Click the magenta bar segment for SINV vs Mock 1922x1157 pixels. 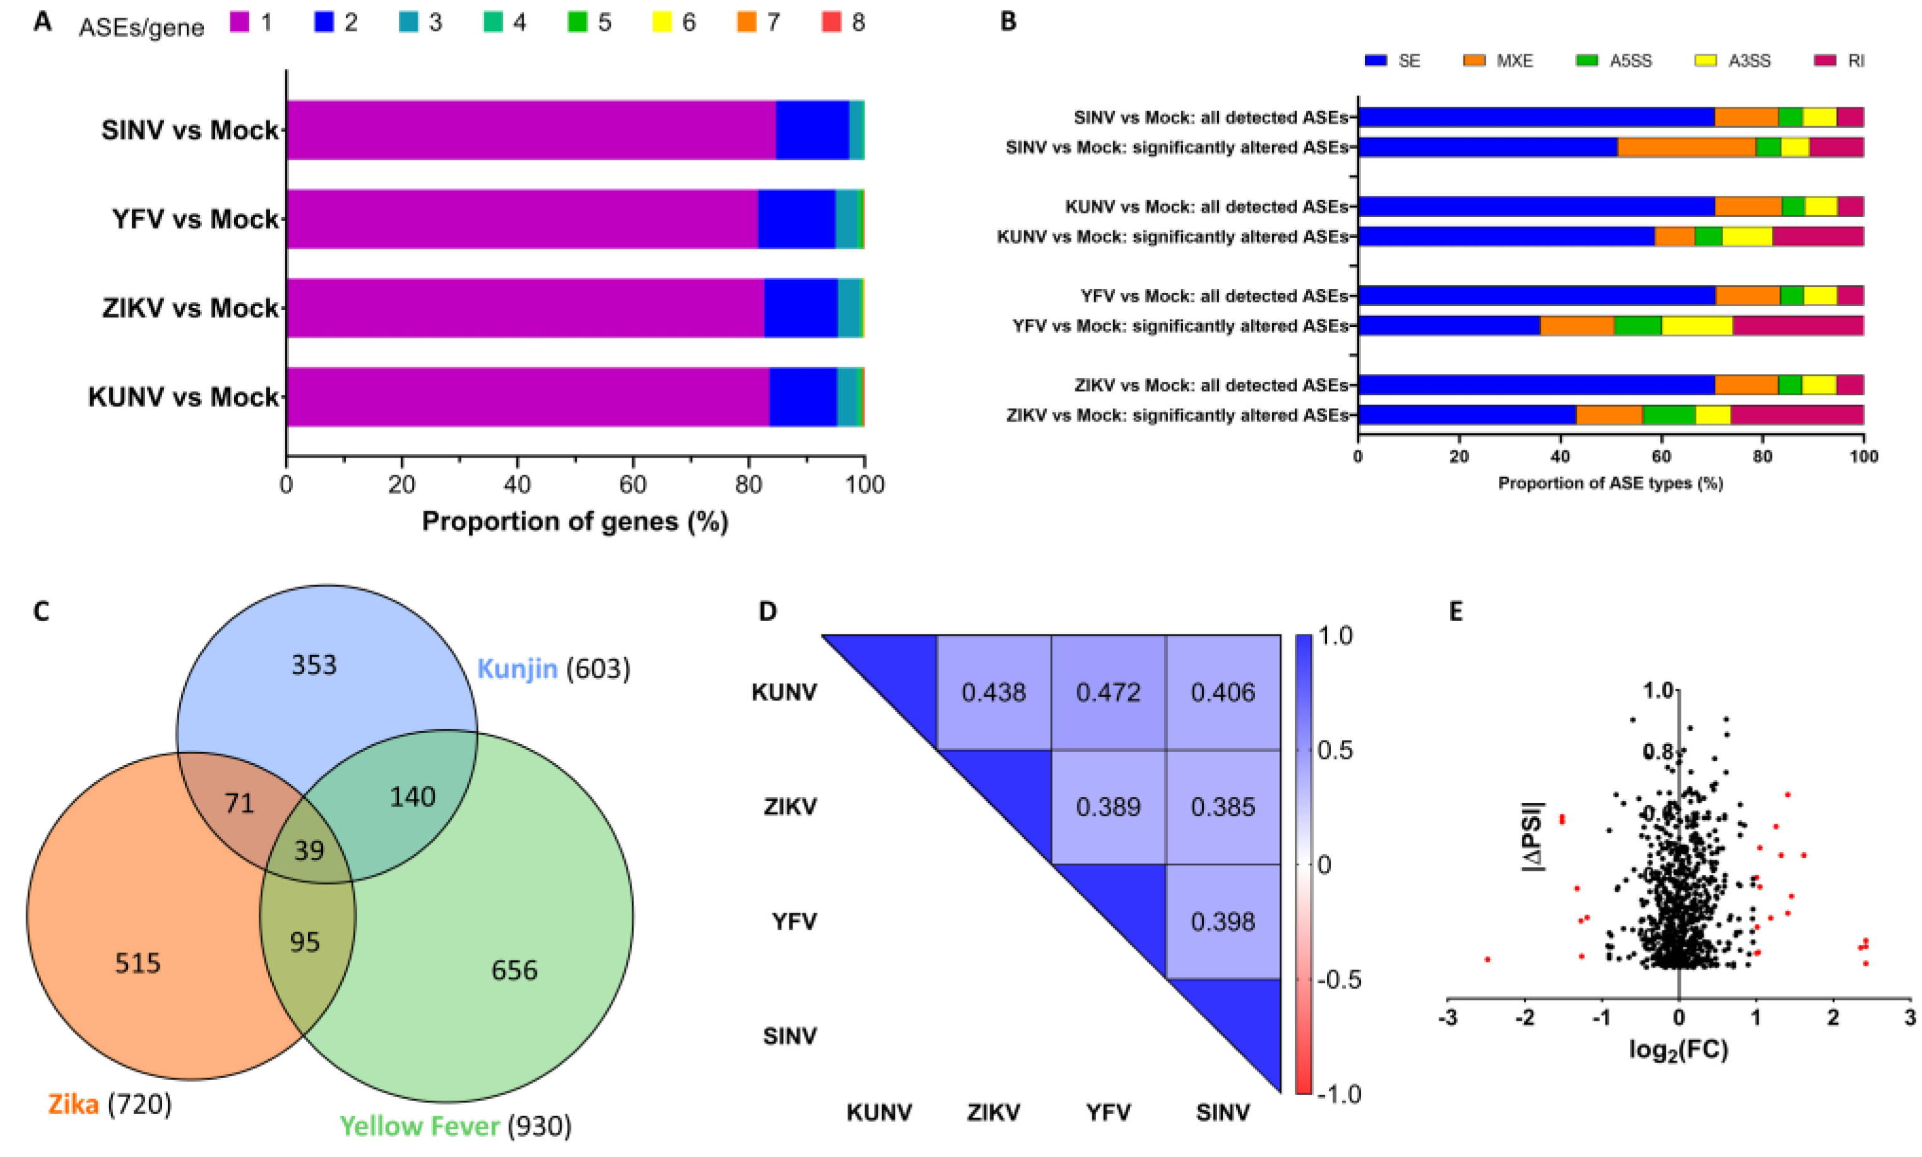pos(530,129)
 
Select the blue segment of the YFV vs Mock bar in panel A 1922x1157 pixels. pos(796,218)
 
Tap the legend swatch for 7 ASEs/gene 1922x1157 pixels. pos(746,22)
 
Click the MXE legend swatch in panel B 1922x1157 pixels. pos(1474,60)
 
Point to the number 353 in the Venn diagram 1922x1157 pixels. pos(314,665)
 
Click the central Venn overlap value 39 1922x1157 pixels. pos(309,850)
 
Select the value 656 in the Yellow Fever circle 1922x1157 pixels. pos(514,970)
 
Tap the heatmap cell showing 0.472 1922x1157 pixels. pos(1107,692)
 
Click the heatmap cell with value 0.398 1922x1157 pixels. pos(1222,922)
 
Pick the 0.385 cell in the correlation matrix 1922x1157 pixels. pos(1222,807)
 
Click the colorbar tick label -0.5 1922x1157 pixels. pos(1338,979)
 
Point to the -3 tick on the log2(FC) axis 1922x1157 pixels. pos(1448,1018)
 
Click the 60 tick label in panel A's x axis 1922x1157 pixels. pos(632,485)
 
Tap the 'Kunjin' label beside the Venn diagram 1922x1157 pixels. pos(517,668)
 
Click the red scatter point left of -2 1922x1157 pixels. pos(1487,959)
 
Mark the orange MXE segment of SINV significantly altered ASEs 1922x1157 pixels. pos(1686,147)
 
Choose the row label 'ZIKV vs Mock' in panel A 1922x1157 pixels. pos(189,308)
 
